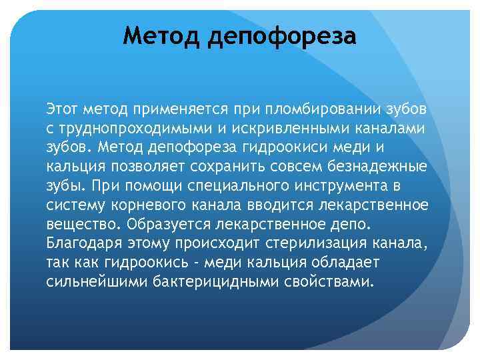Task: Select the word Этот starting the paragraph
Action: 62,107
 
